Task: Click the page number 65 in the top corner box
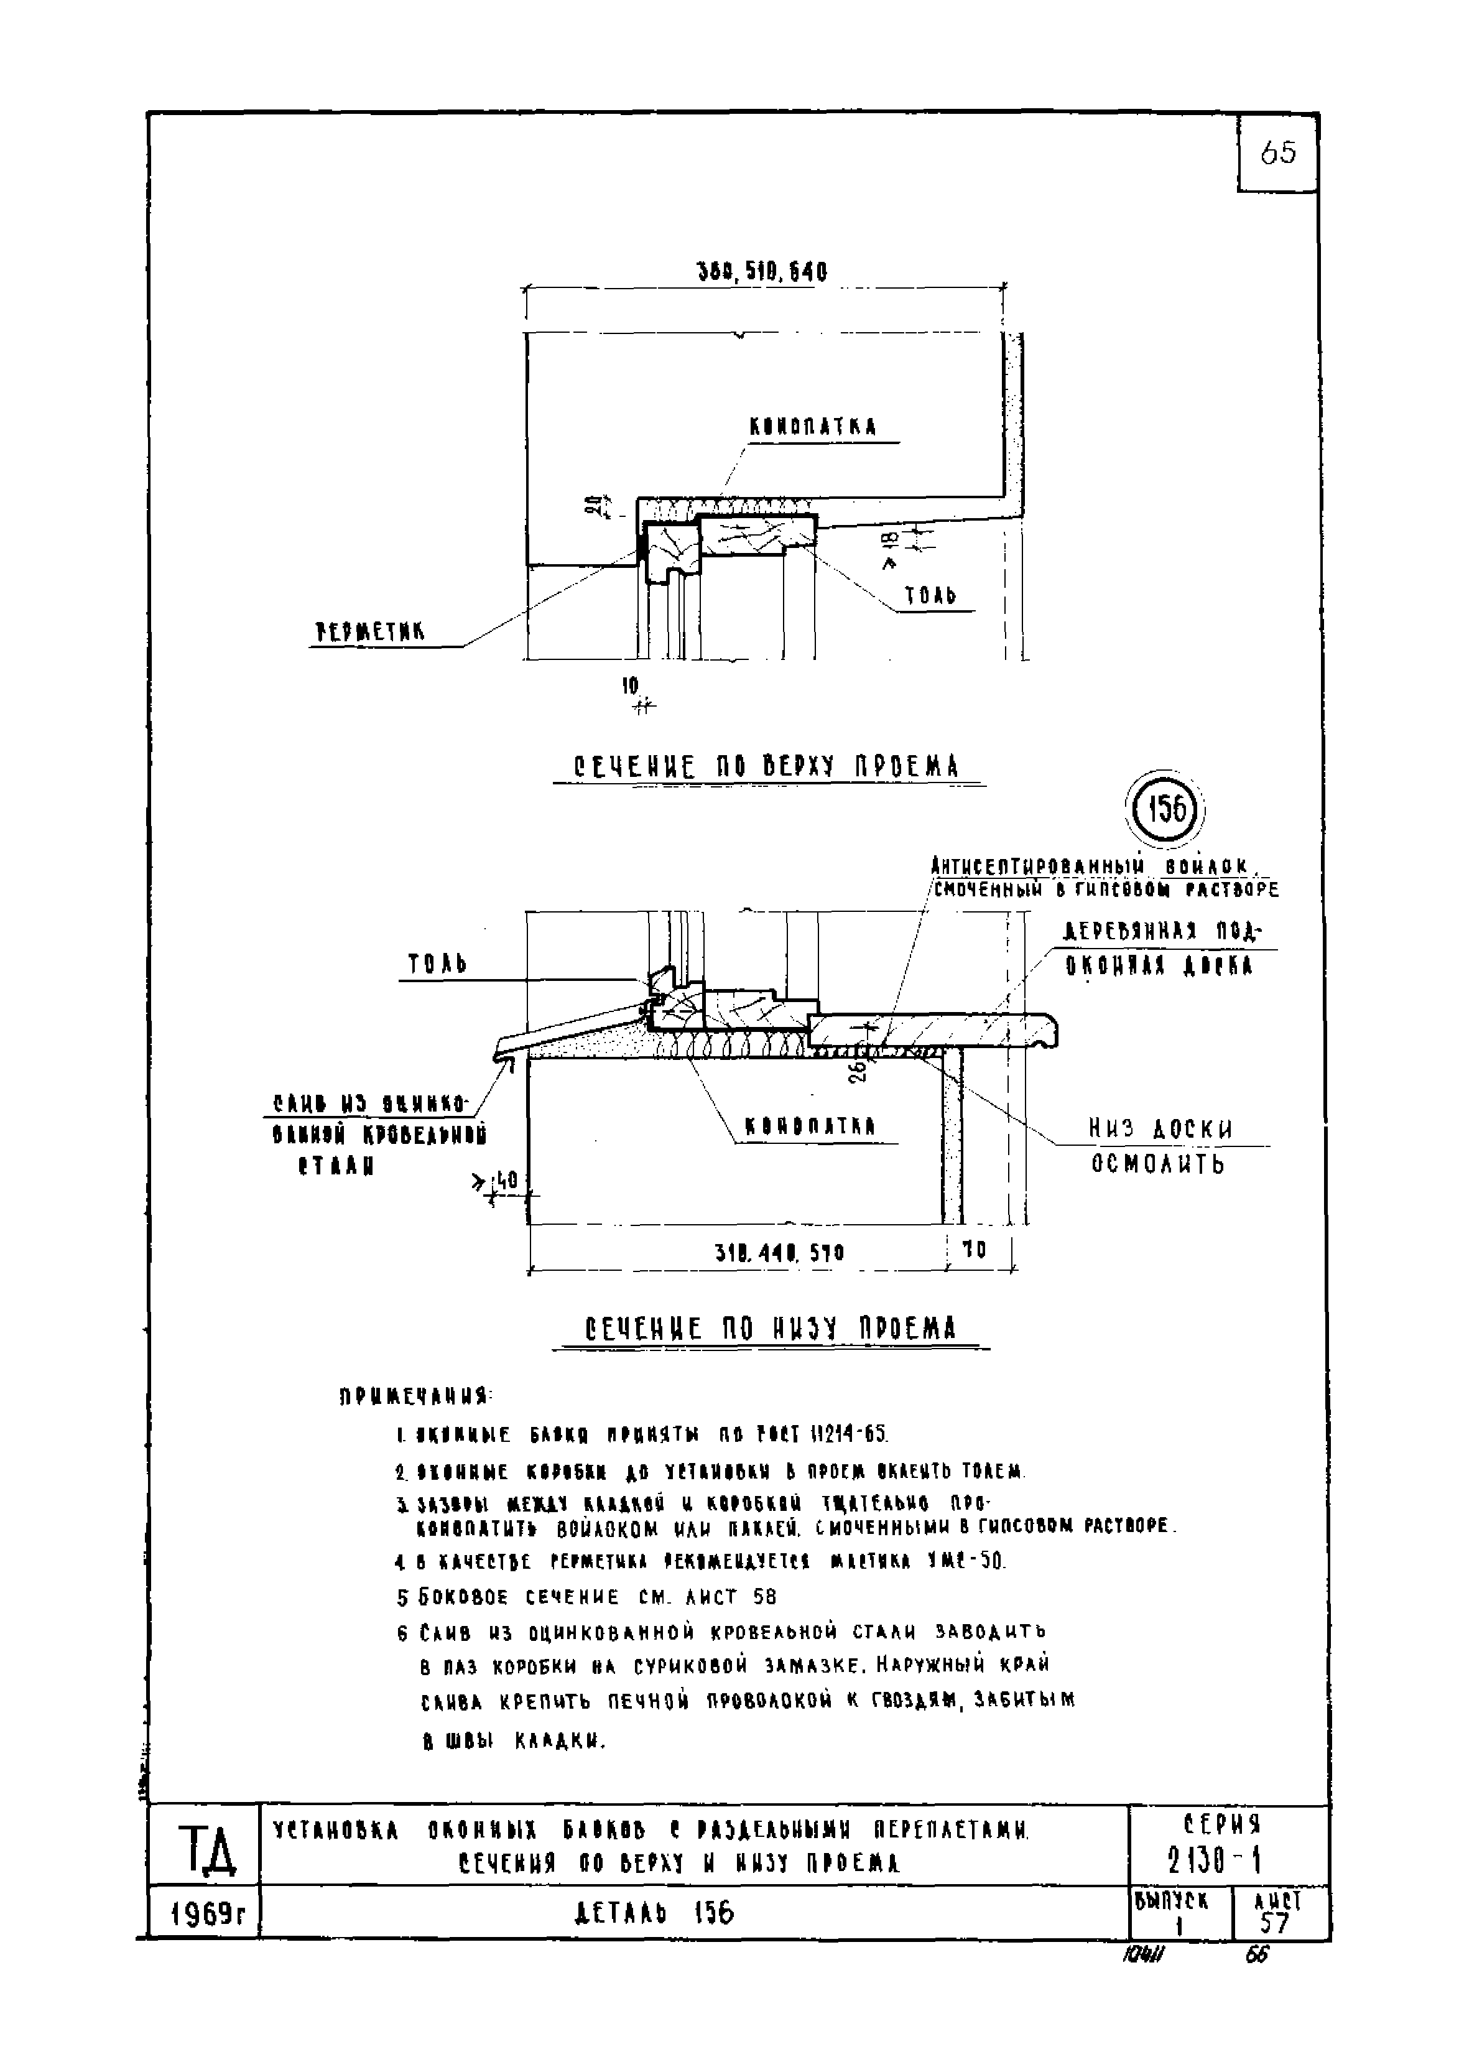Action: [x=1278, y=153]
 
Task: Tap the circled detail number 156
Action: [x=1165, y=809]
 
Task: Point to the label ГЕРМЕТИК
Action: [x=370, y=631]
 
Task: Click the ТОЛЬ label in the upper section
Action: [x=930, y=596]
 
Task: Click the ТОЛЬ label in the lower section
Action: [x=437, y=964]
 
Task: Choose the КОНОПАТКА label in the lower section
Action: [x=810, y=1126]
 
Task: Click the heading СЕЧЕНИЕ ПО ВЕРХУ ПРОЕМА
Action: [x=767, y=766]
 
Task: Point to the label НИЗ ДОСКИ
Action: [x=1160, y=1129]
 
